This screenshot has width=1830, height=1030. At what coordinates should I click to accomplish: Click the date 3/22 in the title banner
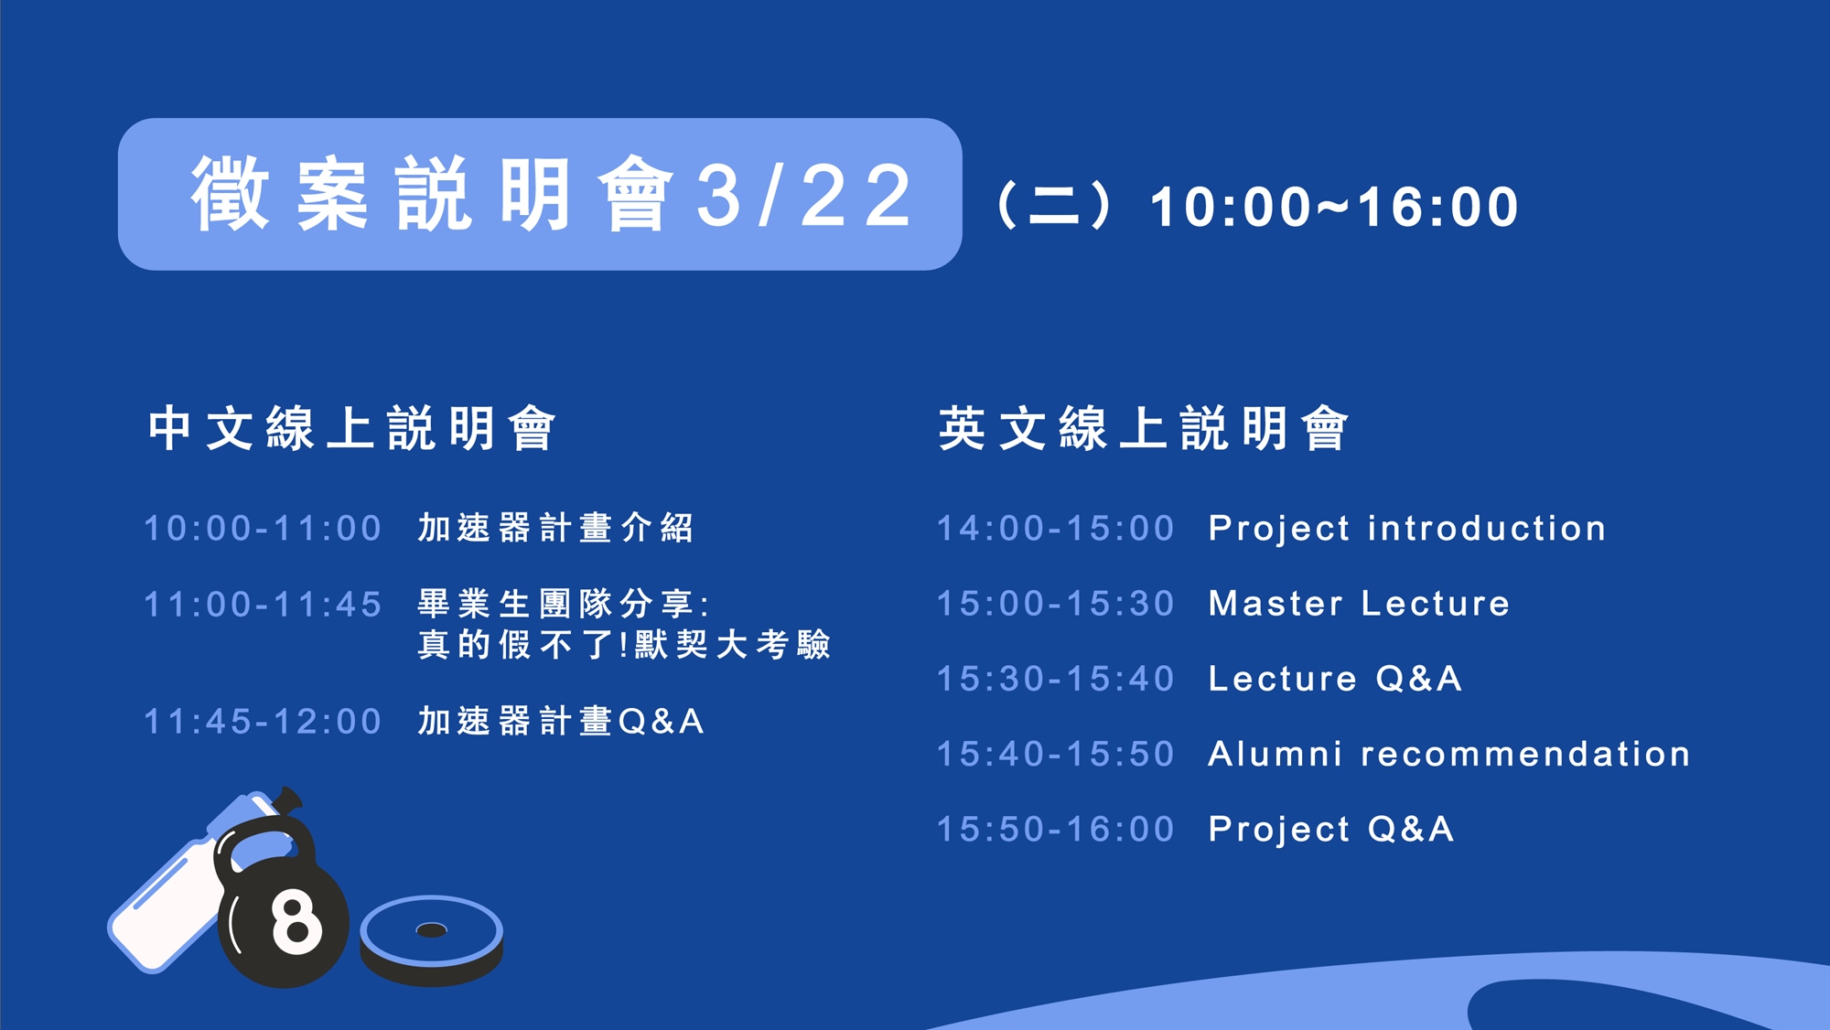tap(804, 195)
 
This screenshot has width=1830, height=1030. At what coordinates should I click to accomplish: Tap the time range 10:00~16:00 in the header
tap(1334, 207)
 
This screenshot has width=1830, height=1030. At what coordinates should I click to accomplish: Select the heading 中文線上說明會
tap(352, 428)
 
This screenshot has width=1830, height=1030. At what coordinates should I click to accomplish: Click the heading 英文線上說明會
tap(1144, 428)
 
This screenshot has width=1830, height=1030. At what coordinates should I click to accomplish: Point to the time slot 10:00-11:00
tap(263, 529)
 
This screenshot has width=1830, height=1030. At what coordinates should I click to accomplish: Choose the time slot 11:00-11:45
tap(263, 605)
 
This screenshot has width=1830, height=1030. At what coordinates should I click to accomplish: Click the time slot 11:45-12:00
tap(263, 722)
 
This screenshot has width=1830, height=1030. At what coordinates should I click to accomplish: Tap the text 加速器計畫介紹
tap(555, 528)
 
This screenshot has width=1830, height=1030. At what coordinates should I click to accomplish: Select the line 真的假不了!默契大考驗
tap(624, 645)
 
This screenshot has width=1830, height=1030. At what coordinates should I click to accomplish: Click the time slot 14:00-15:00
tap(1056, 529)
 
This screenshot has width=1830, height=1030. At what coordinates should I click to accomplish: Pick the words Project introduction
tap(1407, 529)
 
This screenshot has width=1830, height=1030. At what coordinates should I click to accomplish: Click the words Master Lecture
tap(1359, 604)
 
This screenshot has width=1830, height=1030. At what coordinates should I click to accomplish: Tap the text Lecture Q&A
tap(1335, 679)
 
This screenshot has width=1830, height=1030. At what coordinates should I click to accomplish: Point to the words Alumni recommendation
tap(1449, 754)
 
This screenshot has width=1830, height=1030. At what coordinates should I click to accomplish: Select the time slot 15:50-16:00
tap(1056, 830)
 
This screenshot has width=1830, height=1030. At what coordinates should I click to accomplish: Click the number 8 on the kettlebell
tap(296, 922)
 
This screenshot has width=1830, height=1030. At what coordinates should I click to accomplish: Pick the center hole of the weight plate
tap(431, 930)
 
